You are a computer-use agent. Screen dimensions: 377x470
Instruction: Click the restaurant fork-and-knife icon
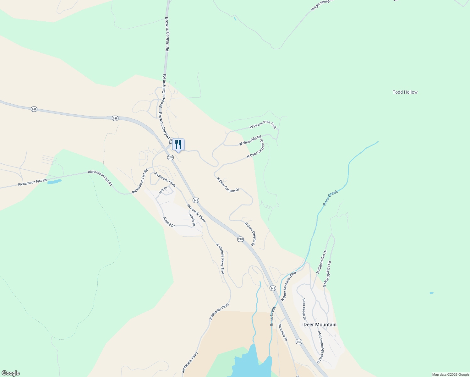[178, 145]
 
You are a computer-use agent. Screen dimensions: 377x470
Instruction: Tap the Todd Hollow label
[405, 92]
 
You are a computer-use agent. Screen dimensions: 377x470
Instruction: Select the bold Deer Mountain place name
[320, 325]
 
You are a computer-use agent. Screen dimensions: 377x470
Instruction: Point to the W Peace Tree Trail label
[263, 124]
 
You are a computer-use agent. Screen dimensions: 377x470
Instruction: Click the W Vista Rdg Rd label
[250, 141]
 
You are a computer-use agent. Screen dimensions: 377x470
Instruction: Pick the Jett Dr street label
[163, 190]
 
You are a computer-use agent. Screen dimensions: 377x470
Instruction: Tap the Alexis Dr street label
[192, 220]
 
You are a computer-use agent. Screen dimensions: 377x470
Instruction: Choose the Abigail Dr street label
[169, 222]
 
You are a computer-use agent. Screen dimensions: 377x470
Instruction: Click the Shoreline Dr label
[283, 332]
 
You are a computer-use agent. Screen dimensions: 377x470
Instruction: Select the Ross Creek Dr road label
[304, 309]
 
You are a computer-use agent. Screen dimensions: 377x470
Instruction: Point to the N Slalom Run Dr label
[322, 262]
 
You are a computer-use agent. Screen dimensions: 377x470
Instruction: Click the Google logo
[10, 373]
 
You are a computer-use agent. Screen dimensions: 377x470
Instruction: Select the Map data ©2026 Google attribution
[450, 374]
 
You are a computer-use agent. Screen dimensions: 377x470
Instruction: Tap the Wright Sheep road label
[321, 5]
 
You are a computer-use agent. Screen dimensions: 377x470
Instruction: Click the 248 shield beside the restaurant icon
[170, 157]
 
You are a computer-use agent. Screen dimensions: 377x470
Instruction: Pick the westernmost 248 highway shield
[34, 109]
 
